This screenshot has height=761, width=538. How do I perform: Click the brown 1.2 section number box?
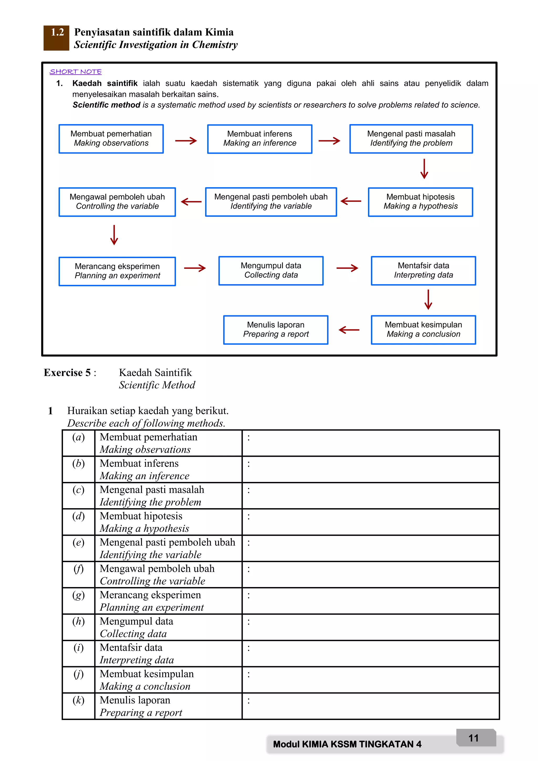56,38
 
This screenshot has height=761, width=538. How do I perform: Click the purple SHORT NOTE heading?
76,71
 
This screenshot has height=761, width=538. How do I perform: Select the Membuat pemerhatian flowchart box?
111,138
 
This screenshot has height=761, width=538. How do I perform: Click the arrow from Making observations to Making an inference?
186,141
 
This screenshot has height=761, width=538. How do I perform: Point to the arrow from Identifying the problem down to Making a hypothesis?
424,169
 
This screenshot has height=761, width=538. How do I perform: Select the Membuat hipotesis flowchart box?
420,202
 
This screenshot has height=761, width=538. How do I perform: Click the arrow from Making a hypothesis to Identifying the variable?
351,201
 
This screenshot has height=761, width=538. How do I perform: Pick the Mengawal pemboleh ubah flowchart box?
117,202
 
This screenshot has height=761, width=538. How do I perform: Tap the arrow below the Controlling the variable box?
114,235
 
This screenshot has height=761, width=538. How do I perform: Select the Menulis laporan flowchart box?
275,330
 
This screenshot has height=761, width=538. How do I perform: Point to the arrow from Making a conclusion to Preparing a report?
349,330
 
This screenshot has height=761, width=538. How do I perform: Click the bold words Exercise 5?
67,373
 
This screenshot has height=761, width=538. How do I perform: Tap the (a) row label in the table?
79,438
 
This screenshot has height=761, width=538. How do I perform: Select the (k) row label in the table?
79,700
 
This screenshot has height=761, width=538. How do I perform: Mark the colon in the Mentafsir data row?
249,648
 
